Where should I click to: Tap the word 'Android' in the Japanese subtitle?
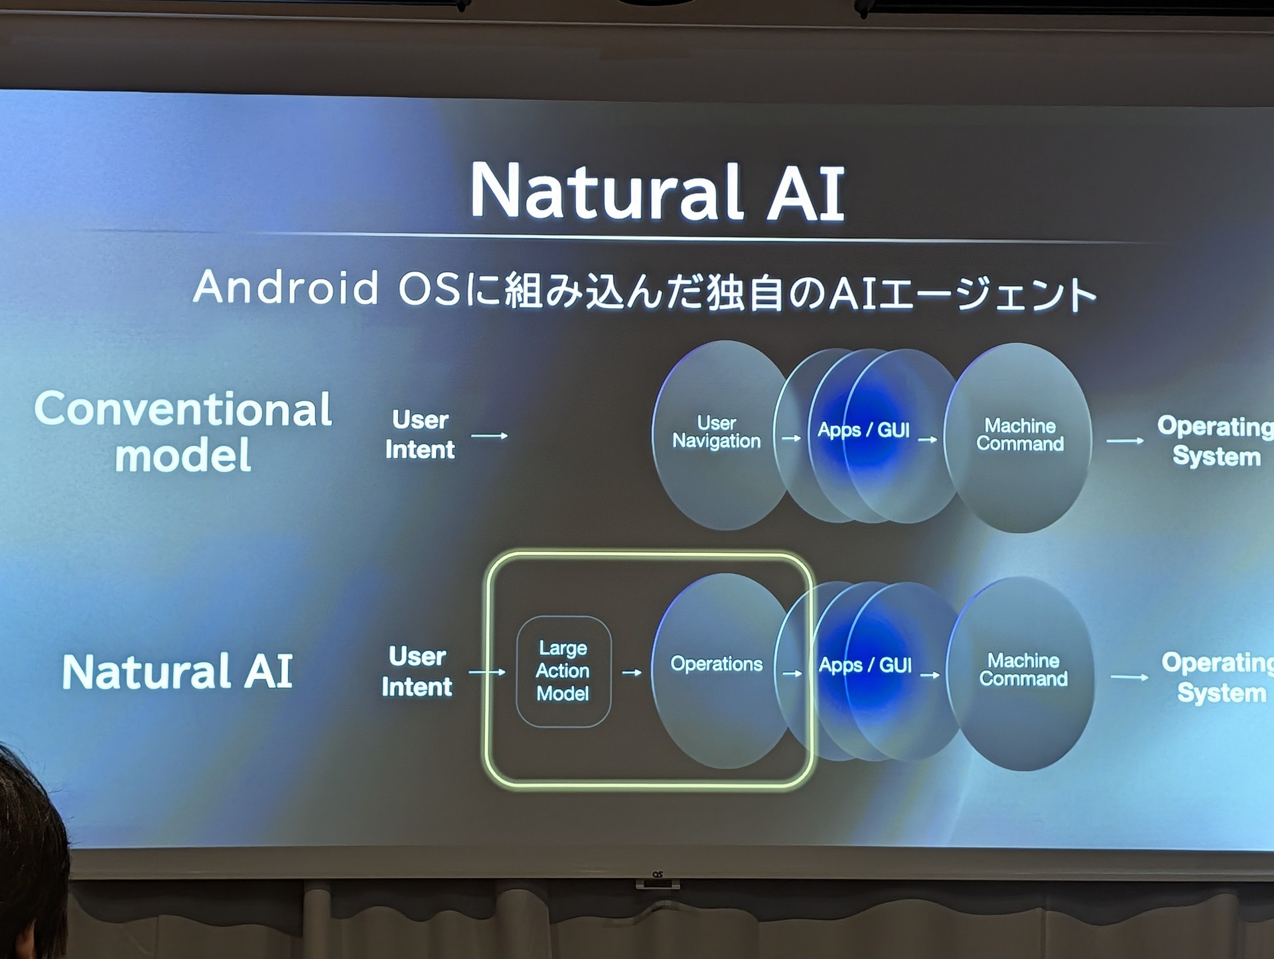[x=286, y=288]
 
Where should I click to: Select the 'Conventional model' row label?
[x=183, y=431]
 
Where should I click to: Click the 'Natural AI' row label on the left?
[x=177, y=671]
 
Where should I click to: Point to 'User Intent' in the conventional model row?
[x=420, y=435]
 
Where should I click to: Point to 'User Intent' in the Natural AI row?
[x=417, y=671]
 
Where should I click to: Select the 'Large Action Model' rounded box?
[x=563, y=671]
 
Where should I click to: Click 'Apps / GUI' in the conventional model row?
[x=863, y=430]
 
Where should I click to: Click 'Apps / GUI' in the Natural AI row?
[x=865, y=665]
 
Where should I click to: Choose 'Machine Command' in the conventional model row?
[x=1020, y=435]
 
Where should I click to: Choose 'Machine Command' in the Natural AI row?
[x=1023, y=670]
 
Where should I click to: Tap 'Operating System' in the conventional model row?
[x=1215, y=441]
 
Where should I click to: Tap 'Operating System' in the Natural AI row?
[x=1218, y=677]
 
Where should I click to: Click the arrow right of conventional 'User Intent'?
[x=490, y=436]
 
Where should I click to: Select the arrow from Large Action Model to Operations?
[x=632, y=672]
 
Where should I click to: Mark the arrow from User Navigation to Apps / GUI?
[x=792, y=438]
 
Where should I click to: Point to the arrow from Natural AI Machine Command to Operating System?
[x=1129, y=677]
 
